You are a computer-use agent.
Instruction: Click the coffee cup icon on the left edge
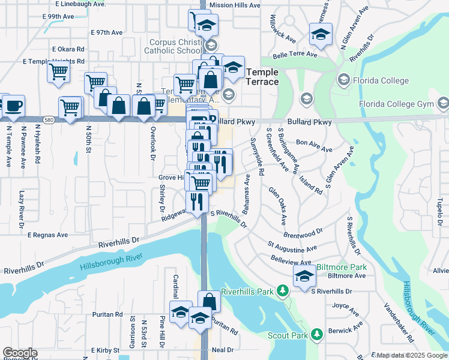(13, 106)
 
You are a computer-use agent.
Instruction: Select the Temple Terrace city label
(262, 76)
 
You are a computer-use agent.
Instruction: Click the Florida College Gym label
(396, 104)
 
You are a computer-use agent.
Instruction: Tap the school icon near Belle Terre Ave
(321, 35)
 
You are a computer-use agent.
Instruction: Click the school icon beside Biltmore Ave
(304, 276)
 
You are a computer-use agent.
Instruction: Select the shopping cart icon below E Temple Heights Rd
(58, 72)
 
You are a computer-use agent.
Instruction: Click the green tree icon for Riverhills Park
(282, 291)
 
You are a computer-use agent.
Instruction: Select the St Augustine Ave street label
(292, 247)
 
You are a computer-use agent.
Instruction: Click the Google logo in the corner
(20, 353)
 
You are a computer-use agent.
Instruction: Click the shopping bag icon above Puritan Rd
(209, 301)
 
